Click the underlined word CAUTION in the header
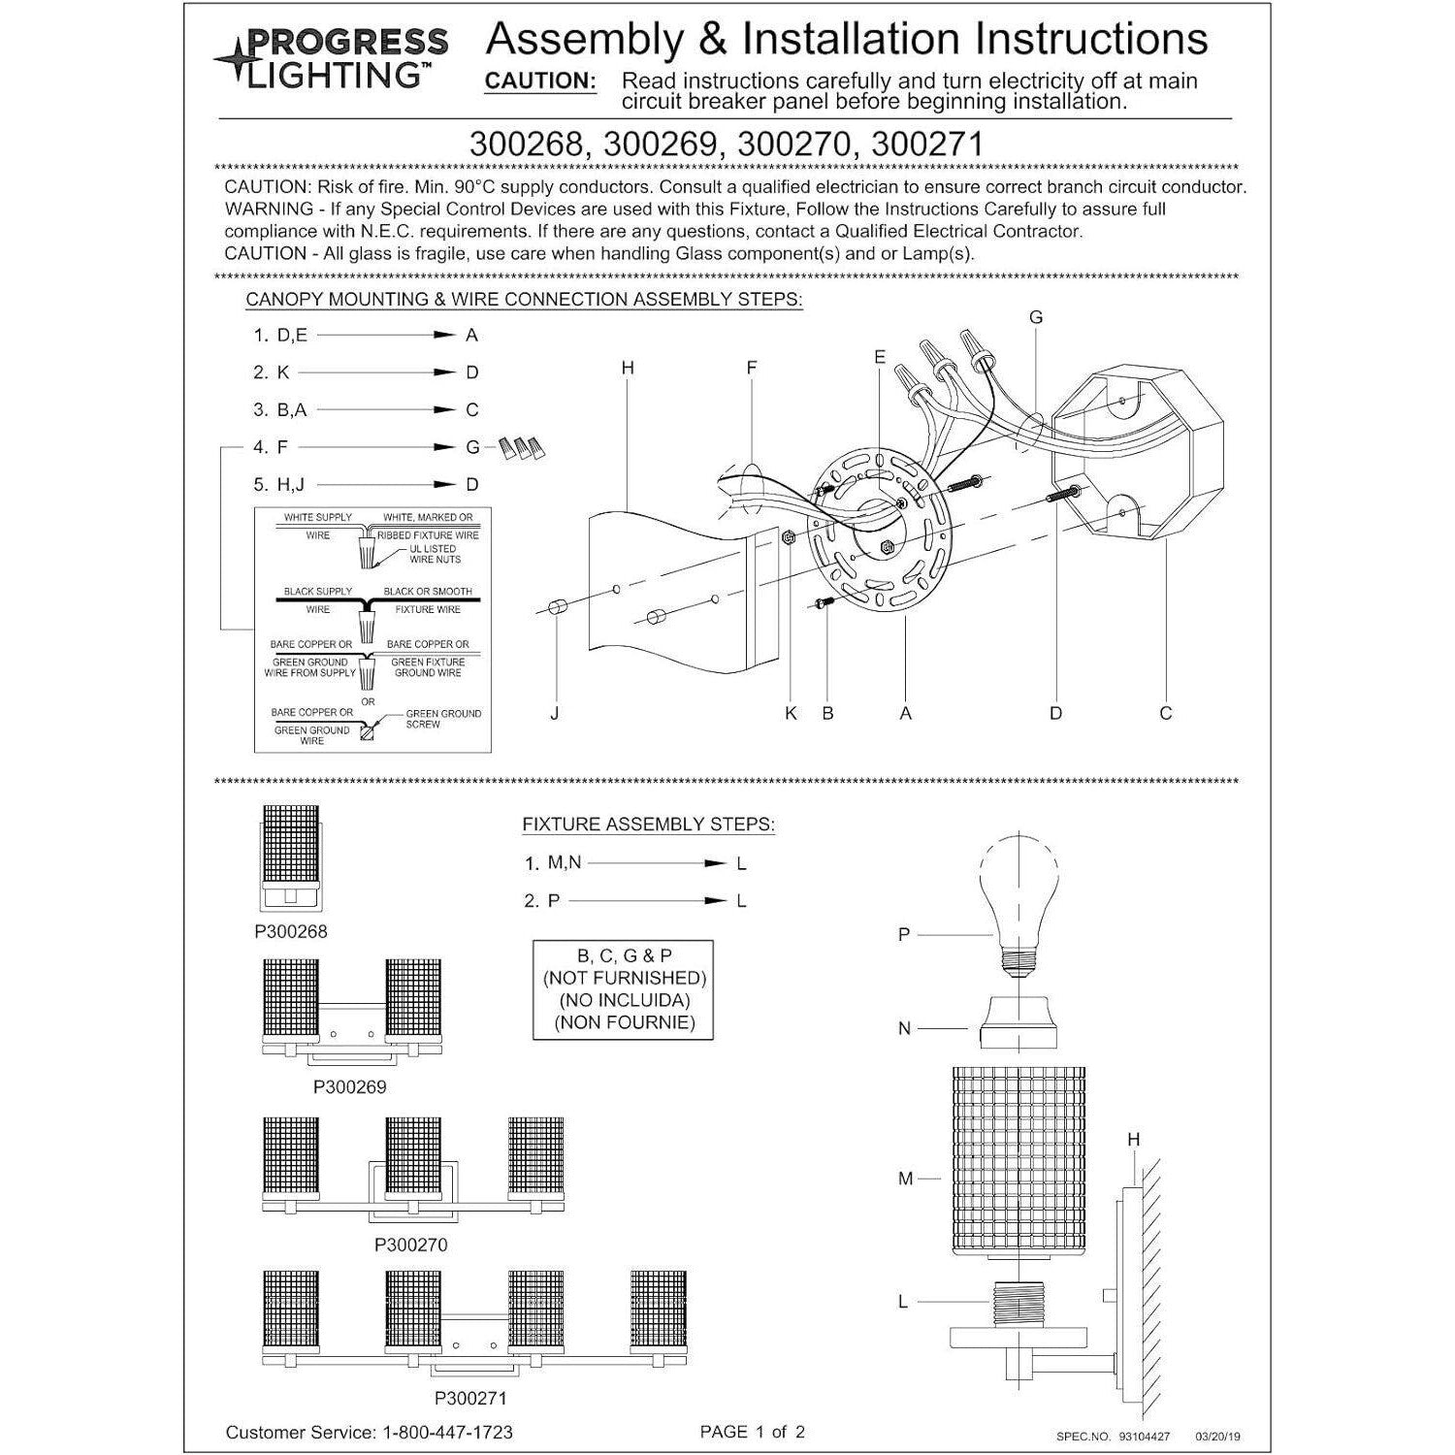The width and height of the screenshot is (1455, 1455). click(540, 81)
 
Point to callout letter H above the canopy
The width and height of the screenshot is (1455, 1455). click(628, 369)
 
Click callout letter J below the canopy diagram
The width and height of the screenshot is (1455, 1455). click(554, 713)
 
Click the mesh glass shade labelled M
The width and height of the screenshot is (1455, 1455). click(1018, 1159)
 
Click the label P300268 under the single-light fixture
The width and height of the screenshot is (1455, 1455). click(291, 932)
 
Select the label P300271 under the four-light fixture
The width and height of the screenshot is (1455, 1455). click(470, 1398)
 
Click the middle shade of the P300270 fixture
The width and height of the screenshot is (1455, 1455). click(414, 1158)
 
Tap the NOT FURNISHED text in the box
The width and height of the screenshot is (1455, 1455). click(624, 978)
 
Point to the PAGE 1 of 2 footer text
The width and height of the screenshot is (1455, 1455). click(753, 1432)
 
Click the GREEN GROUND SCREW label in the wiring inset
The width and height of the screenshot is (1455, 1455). click(443, 719)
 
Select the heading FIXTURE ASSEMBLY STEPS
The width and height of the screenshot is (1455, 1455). click(648, 824)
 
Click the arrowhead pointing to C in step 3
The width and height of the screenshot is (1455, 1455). click(444, 410)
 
